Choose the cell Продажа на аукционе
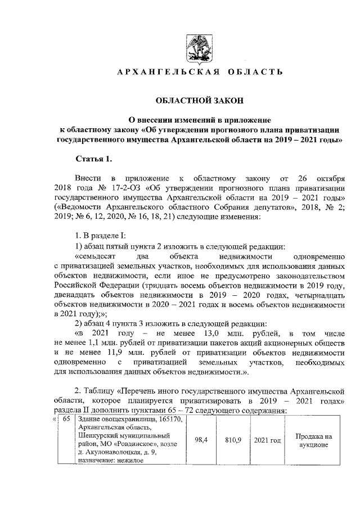(x=313, y=440)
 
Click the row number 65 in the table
(x=66, y=421)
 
